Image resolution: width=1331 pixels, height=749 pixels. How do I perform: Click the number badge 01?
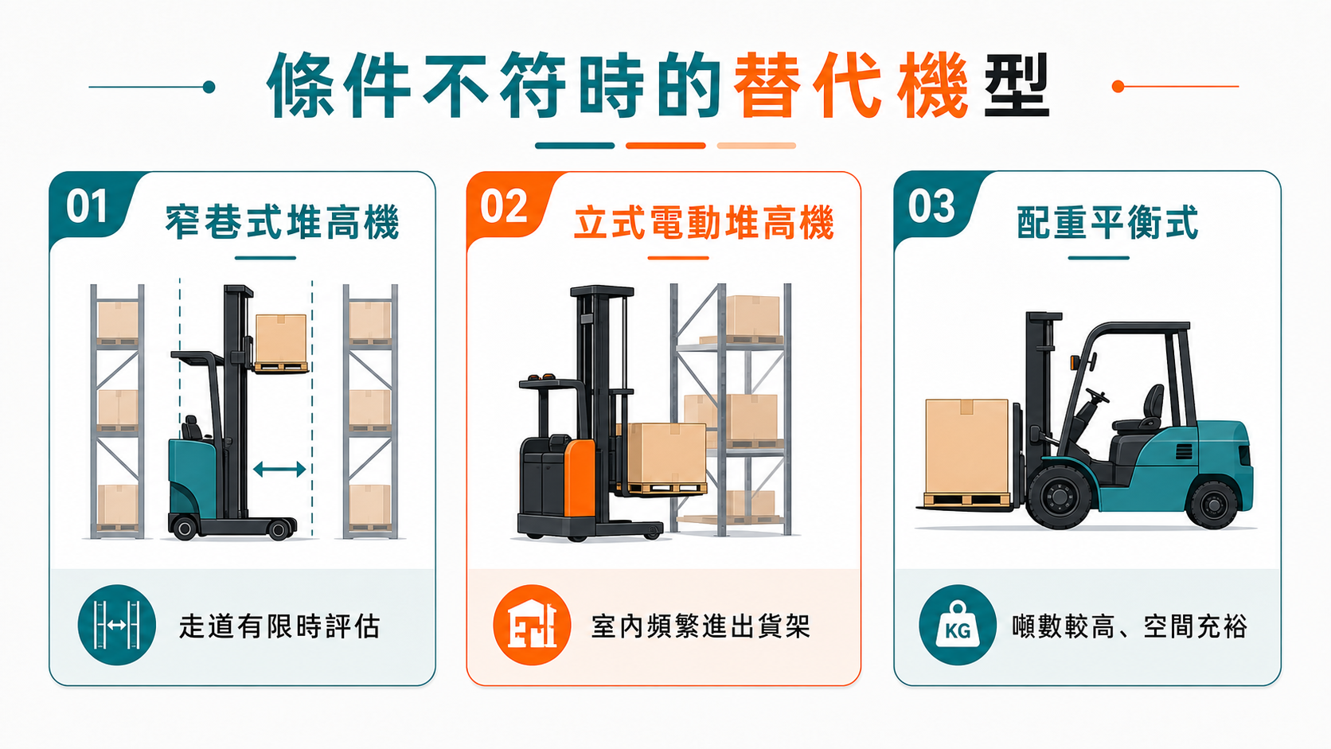pos(87,207)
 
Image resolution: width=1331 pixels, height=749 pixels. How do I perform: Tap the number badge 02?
pos(504,207)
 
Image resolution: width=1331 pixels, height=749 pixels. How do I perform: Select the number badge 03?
pos(931,207)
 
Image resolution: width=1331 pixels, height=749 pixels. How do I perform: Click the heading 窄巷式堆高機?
pos(283,223)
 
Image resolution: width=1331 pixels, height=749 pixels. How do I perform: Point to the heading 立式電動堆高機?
pos(705,223)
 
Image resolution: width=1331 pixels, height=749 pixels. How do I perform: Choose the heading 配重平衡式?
pos(1107,223)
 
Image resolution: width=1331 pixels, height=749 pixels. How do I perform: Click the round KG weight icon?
pos(958,625)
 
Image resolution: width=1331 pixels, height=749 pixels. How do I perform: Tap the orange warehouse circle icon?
pos(533,625)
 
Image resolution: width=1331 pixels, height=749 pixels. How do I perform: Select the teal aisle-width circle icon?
pos(117,625)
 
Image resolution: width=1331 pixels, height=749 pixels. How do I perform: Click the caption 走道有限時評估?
pos(280,626)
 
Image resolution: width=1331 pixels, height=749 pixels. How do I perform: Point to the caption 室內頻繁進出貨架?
pos(701,626)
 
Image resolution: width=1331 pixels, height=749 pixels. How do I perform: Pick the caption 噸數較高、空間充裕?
pos(1130,626)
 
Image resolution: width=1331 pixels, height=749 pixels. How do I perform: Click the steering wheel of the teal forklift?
pos(1097,396)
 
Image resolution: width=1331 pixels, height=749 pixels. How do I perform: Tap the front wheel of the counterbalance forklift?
pos(1060,497)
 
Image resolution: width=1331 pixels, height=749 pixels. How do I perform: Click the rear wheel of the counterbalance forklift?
pos(1212,504)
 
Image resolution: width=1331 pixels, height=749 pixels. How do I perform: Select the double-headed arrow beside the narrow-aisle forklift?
pos(279,470)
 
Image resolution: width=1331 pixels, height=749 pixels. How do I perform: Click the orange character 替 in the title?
pos(770,85)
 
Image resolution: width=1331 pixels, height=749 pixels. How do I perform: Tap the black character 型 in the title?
pos(1017,85)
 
